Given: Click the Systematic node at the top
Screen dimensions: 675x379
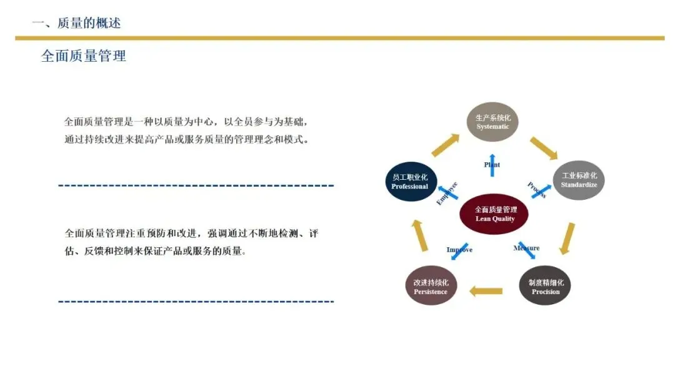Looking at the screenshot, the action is [x=493, y=122].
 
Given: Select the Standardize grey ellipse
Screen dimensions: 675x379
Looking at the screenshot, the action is [x=579, y=180].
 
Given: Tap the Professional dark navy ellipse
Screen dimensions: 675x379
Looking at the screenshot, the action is [x=410, y=182].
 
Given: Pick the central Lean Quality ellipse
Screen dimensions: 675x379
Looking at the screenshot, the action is [x=495, y=214].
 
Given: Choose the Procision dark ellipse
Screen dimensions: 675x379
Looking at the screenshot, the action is [x=545, y=287].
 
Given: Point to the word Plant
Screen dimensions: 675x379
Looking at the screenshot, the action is [x=492, y=165].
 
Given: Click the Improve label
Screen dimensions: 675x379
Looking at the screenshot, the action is [x=459, y=250].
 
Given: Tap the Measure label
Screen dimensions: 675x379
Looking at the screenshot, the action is [x=526, y=248].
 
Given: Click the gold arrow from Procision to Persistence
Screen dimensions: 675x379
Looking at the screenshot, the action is [x=486, y=290].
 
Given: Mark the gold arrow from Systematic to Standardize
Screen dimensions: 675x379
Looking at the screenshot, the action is [x=543, y=148].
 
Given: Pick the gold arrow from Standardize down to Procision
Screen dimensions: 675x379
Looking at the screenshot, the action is [x=567, y=238].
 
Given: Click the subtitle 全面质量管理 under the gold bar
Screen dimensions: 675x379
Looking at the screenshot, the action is [x=84, y=56].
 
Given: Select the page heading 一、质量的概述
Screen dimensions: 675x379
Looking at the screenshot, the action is [x=76, y=23].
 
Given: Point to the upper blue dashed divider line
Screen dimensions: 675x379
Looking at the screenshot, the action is [x=196, y=185].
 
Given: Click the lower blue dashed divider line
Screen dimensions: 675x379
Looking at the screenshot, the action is [x=196, y=302].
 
